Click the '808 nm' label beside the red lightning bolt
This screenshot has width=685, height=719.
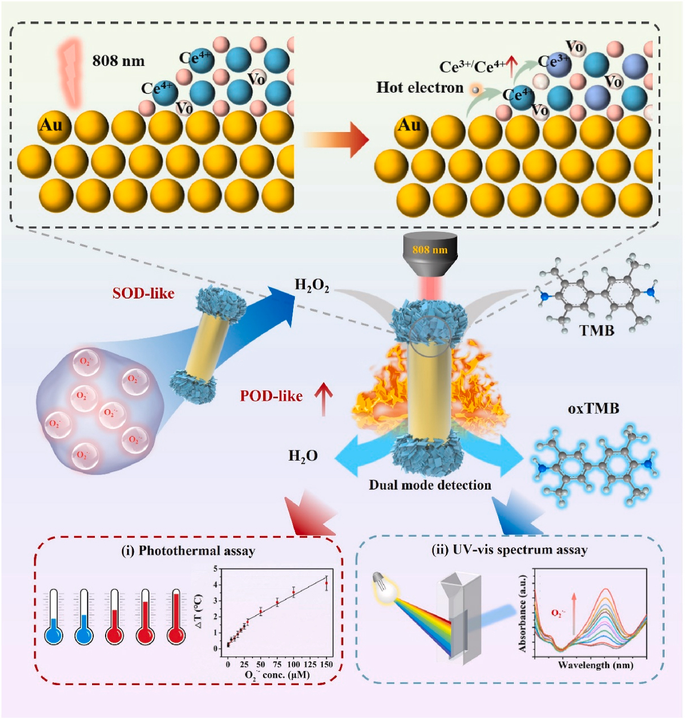(x=119, y=61)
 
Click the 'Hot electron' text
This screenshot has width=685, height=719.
(x=420, y=88)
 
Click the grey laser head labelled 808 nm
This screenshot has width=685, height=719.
(x=430, y=253)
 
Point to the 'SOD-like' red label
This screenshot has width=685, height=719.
(x=143, y=293)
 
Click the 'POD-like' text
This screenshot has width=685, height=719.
(x=271, y=396)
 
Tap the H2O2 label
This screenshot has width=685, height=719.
(x=312, y=286)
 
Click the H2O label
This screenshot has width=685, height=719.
(x=303, y=456)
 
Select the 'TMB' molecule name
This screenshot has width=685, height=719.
(x=597, y=330)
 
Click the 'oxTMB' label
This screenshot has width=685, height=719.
(x=594, y=408)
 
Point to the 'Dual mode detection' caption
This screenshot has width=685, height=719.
(x=430, y=485)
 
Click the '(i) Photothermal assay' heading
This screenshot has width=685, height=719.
(x=188, y=551)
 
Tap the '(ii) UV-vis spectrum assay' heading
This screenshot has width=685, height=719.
(x=509, y=550)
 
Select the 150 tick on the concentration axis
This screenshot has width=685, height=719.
(x=326, y=665)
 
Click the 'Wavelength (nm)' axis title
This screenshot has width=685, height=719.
(x=596, y=665)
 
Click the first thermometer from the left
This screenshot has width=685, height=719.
(x=54, y=618)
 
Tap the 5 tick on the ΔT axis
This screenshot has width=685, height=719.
(x=215, y=569)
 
